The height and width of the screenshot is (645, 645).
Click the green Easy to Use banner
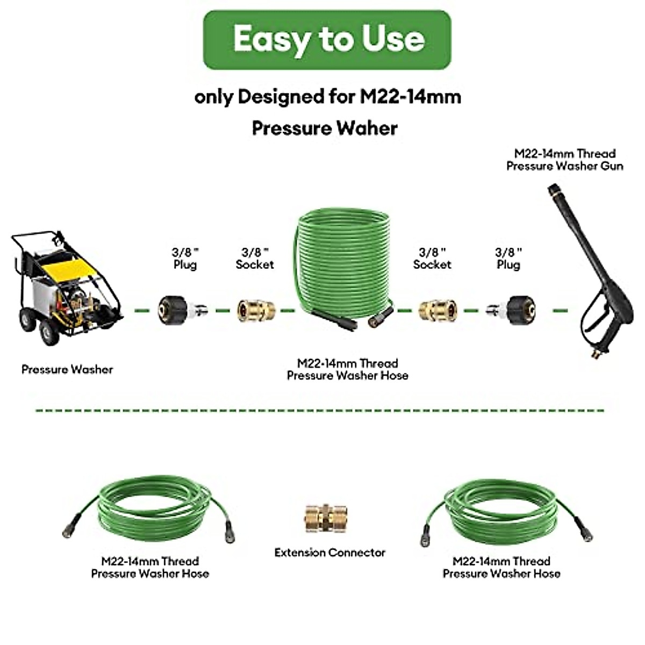(x=327, y=40)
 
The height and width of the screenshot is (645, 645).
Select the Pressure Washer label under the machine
(x=67, y=369)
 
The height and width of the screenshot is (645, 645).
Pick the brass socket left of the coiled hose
(x=256, y=310)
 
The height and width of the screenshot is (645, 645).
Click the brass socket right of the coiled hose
(x=438, y=310)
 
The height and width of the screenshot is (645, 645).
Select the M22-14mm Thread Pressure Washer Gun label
(x=564, y=160)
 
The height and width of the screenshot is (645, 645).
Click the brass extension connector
(x=325, y=518)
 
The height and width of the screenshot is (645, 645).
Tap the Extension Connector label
(x=329, y=553)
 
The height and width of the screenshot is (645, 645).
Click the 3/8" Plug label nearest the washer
(x=185, y=258)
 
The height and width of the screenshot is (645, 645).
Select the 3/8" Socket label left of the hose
(x=255, y=258)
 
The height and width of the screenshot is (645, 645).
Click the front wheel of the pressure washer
(x=48, y=333)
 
